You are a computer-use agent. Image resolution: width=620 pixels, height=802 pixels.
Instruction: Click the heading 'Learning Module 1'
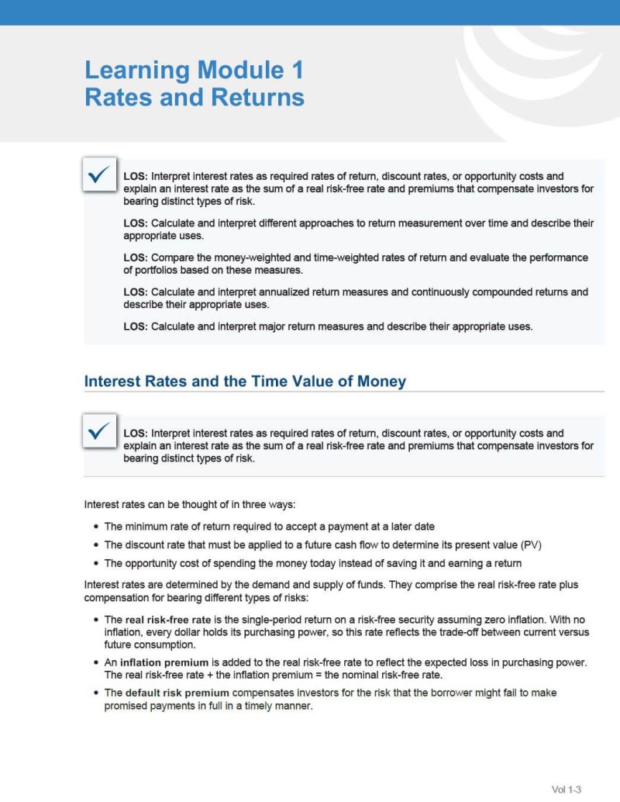[194, 71]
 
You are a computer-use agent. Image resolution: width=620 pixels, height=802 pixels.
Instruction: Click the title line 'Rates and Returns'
[194, 99]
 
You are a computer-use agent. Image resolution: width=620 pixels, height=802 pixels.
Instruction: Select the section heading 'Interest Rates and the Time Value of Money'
[245, 382]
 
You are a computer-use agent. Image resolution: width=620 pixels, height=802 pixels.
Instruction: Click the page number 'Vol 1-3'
[566, 790]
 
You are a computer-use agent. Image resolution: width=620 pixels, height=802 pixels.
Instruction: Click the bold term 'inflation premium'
[164, 662]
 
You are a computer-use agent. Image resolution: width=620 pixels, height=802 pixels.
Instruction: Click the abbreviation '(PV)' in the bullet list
[532, 544]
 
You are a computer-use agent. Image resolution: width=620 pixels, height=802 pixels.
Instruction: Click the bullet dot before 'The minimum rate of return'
[95, 526]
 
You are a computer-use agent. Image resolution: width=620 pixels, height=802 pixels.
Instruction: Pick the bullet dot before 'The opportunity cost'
[95, 563]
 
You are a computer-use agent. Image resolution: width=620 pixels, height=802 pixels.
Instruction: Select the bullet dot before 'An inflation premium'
[95, 663]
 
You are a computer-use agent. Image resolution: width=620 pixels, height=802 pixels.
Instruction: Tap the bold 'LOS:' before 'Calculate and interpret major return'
[136, 327]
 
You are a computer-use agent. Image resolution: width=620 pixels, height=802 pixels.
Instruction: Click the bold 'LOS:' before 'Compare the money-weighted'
[136, 258]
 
